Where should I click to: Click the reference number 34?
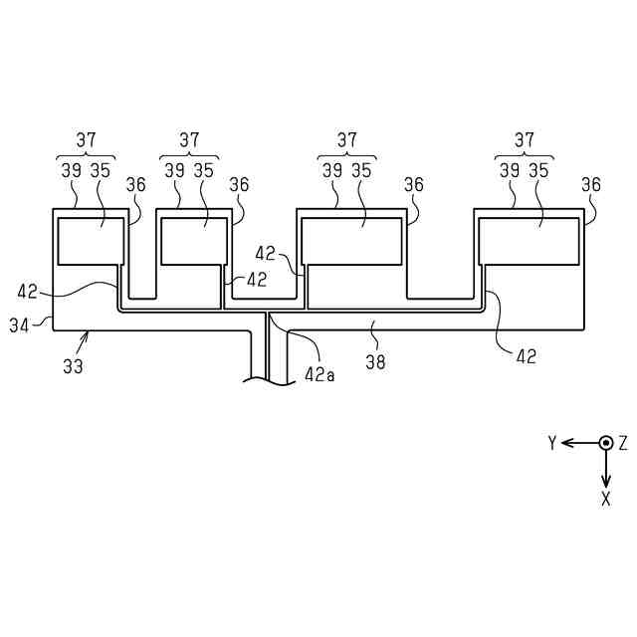pos(18,323)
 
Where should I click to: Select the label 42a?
pos(318,375)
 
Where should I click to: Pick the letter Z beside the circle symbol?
pos(623,443)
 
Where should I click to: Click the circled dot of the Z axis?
pos(605,443)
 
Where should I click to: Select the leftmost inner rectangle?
pos(89,242)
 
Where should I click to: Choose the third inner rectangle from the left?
pos(353,242)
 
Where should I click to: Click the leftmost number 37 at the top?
pos(85,140)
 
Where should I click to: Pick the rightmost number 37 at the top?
pos(524,140)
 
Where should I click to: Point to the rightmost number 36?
pos(591,185)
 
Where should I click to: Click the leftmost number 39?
pos(70,170)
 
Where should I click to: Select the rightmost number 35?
pos(538,170)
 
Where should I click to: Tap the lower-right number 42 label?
pos(526,356)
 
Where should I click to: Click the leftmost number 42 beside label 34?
pos(28,293)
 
